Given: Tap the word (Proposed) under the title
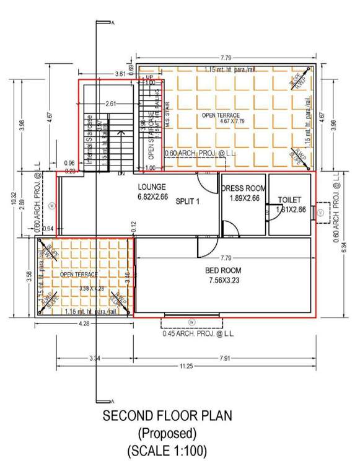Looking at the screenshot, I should tap(169, 432).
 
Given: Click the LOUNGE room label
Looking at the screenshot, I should tap(151, 187).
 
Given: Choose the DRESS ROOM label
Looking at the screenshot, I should tap(244, 187).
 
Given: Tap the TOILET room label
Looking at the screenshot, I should tap(289, 200).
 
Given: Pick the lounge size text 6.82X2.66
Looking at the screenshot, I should tap(153, 196).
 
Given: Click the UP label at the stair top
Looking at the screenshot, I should tap(149, 77).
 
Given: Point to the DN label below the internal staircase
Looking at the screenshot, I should tap(121, 174).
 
